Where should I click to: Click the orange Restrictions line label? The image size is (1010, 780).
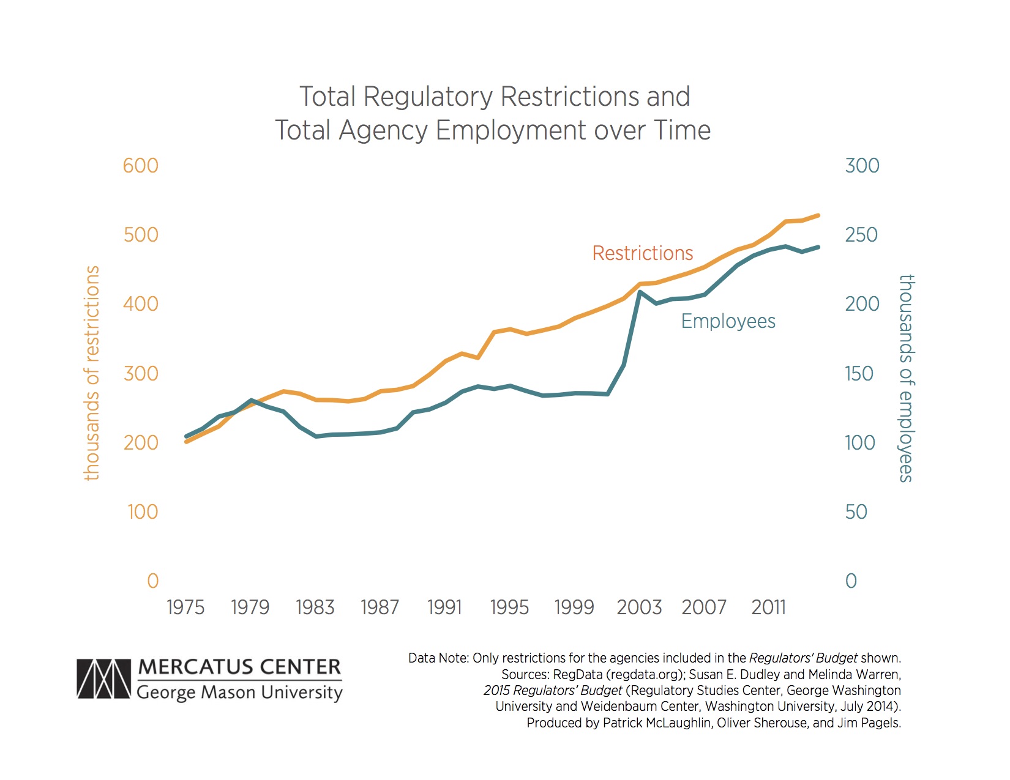click(x=642, y=253)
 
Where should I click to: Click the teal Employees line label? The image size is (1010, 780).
click(x=728, y=321)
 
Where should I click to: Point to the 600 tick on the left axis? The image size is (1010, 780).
click(x=140, y=166)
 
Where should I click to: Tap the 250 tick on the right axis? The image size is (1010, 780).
click(x=861, y=235)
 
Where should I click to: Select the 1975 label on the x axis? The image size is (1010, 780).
click(x=185, y=607)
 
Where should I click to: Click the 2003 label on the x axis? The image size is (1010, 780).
click(x=639, y=607)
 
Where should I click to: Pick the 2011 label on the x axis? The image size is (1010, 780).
click(x=768, y=607)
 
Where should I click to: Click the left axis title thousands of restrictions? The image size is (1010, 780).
click(x=92, y=373)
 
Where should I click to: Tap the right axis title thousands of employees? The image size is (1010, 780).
click(x=906, y=378)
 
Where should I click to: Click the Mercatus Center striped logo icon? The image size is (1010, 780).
click(x=103, y=679)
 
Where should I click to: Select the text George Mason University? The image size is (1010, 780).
click(x=239, y=693)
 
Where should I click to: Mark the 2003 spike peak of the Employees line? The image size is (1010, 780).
click(x=640, y=292)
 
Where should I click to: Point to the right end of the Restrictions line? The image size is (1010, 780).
click(x=818, y=215)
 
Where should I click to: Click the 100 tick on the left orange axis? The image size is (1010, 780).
click(x=143, y=512)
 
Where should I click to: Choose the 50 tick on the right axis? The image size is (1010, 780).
click(x=856, y=512)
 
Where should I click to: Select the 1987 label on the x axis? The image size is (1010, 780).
click(x=380, y=607)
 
